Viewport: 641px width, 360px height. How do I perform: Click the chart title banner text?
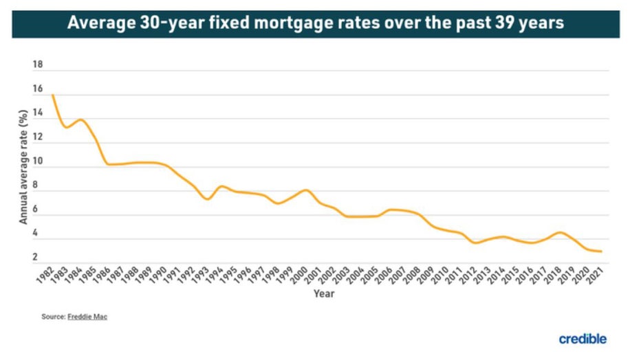tap(316, 23)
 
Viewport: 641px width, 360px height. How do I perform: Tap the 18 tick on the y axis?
tap(38, 65)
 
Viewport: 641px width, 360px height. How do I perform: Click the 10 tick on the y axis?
tap(38, 162)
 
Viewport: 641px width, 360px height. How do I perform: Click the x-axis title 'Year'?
tap(324, 294)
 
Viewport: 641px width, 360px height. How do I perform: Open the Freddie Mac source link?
tap(87, 317)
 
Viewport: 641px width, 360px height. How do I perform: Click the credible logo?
tap(582, 339)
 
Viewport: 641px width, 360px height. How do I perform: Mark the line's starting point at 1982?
tap(52, 95)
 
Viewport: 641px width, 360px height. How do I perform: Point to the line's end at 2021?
tap(602, 251)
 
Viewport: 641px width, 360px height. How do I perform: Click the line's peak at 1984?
tap(81, 120)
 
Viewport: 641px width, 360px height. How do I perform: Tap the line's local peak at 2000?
tap(306, 190)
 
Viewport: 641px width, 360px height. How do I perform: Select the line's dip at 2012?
tap(475, 243)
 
